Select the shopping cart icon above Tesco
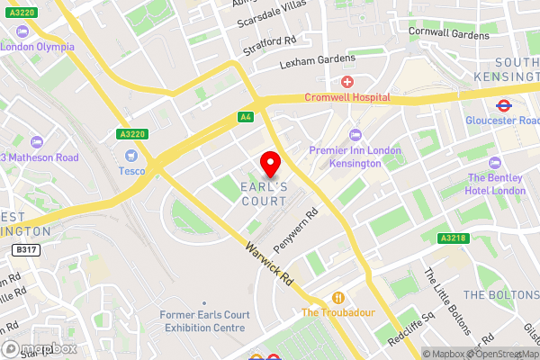click(131, 156)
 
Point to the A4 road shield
click(245, 117)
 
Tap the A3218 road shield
click(453, 238)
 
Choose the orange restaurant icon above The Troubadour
click(338, 297)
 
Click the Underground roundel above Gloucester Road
click(505, 103)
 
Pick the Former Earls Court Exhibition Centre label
click(202, 321)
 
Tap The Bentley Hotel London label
click(496, 184)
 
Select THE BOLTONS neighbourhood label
click(499, 295)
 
